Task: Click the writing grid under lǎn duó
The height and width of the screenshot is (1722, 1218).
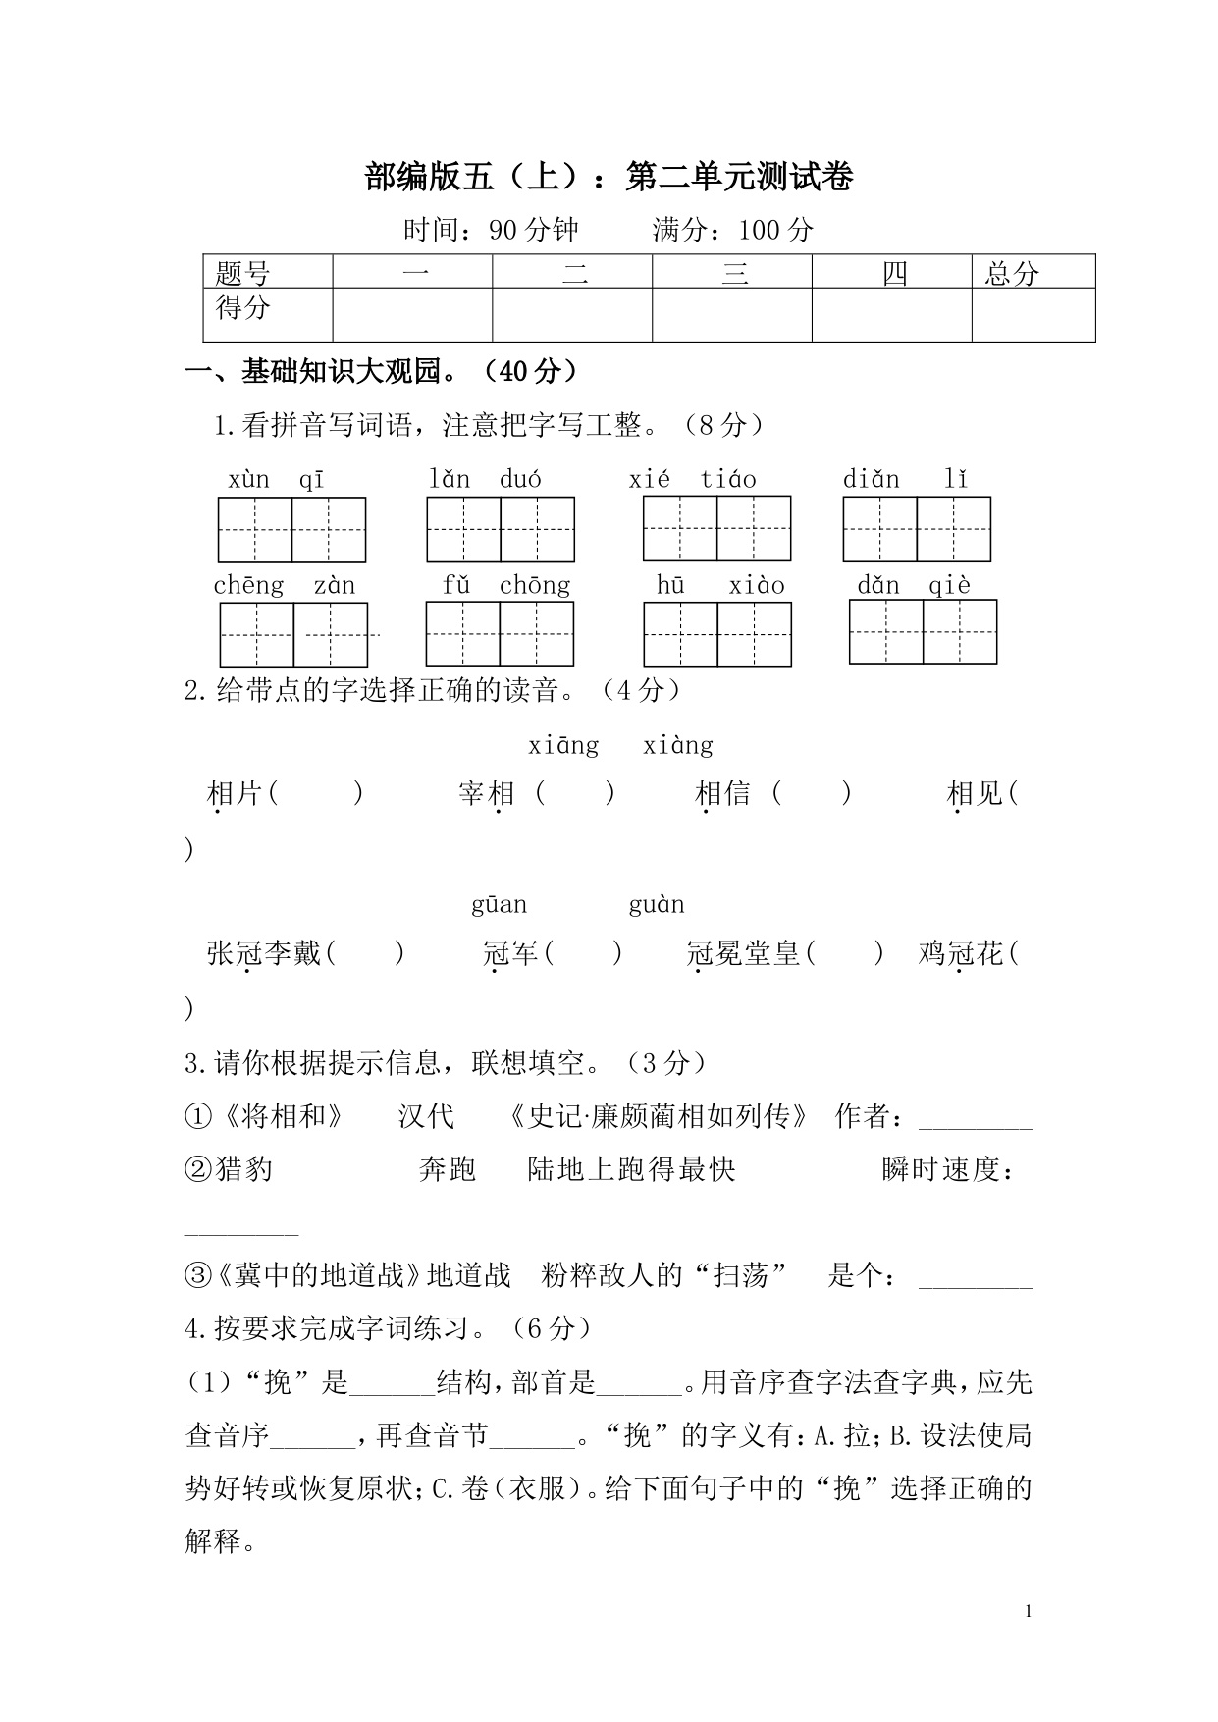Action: click(501, 529)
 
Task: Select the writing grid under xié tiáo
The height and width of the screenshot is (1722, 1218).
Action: click(716, 528)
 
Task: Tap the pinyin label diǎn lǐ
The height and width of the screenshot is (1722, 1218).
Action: click(905, 479)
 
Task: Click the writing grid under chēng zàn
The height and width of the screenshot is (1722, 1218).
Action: click(293, 634)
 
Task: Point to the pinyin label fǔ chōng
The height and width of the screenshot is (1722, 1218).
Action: click(505, 586)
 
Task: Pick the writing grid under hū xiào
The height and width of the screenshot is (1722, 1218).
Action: click(717, 634)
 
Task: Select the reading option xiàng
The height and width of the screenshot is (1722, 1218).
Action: click(678, 746)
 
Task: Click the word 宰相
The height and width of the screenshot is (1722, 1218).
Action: click(487, 793)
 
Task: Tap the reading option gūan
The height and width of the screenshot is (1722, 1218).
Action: click(500, 905)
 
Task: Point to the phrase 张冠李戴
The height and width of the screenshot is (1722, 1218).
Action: click(264, 952)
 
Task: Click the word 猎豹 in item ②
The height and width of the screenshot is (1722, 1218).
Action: click(244, 1169)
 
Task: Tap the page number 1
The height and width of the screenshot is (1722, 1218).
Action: click(1028, 1611)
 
